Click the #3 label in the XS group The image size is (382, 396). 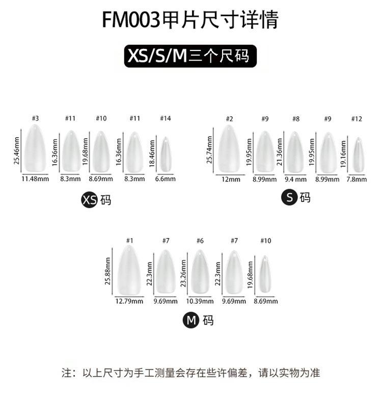[x=35, y=118]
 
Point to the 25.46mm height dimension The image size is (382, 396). [x=17, y=150]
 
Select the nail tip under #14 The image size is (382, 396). [x=165, y=154]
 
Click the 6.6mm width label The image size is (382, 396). [x=165, y=179]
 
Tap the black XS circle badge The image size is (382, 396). [x=89, y=200]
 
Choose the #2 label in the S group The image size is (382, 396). [x=230, y=119]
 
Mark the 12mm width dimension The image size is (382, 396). [x=230, y=179]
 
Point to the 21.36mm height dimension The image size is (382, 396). [x=281, y=152]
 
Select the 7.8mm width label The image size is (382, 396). [x=357, y=179]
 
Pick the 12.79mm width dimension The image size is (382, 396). [x=129, y=301]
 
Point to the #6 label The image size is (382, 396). [x=200, y=241]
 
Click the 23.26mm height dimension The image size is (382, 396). [x=185, y=273]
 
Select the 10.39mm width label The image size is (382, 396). [x=200, y=301]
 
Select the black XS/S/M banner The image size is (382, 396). [x=190, y=56]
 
